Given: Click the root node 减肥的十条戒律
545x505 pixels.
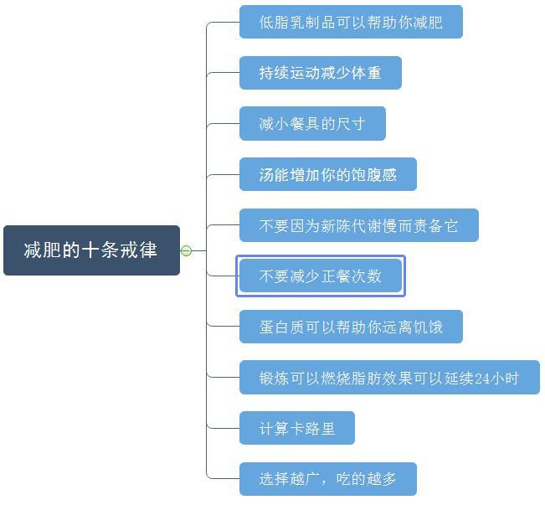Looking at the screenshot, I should coord(91,250).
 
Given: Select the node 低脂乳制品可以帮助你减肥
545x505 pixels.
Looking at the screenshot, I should coord(350,22).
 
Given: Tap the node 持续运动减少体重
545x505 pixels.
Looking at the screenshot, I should coord(320,73).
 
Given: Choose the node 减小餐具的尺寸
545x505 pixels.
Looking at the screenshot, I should coord(311,124).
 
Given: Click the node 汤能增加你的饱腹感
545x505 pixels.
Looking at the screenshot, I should coord(327,174).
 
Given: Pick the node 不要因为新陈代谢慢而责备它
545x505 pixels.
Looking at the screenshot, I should coord(358,225).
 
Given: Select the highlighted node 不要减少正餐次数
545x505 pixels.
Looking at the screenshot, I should coord(320,276).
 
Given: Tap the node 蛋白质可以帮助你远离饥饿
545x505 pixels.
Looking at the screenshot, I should coord(350,327).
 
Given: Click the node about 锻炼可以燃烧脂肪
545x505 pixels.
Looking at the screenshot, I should coord(388,378).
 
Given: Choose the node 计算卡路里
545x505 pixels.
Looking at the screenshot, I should coord(296,428).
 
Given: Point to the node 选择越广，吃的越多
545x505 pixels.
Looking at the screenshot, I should coord(327,479).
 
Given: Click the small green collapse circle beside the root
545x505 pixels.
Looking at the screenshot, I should coord(186,250).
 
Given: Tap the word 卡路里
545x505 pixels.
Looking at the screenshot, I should coord(312,429).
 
